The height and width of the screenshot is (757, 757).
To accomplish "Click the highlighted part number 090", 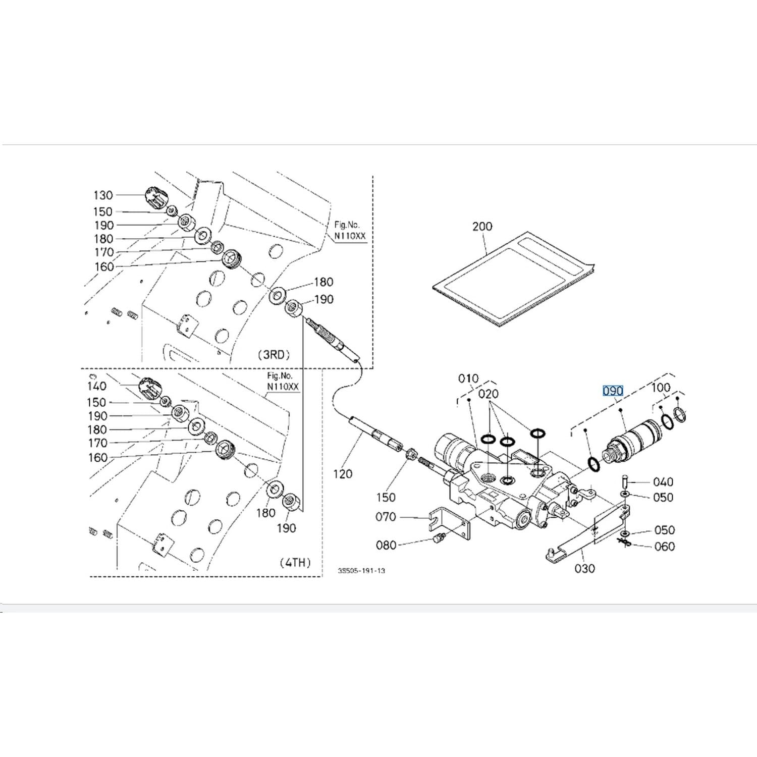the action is [x=613, y=391].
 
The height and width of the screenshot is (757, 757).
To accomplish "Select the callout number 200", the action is [x=482, y=226].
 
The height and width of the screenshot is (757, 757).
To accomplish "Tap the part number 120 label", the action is [x=343, y=474].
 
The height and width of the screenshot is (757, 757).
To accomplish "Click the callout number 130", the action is [x=103, y=195].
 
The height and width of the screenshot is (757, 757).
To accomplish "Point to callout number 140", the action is [x=96, y=386].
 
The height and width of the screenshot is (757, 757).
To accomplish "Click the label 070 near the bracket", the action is [x=386, y=517].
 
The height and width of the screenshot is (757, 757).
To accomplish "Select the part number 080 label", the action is [x=386, y=545].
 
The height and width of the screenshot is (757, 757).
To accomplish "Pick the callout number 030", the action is [x=584, y=569].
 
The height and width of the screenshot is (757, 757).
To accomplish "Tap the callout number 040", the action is [x=663, y=482].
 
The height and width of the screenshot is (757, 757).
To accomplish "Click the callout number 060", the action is [x=664, y=547].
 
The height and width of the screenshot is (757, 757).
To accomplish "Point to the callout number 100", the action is [x=661, y=388].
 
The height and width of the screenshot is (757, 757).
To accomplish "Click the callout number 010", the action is [x=468, y=378].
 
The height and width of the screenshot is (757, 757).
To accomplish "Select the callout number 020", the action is [x=488, y=394].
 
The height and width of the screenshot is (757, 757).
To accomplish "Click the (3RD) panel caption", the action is [x=274, y=354].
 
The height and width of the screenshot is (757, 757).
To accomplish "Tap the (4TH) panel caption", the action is [x=295, y=562].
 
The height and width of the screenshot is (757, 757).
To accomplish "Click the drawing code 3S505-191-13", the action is [x=361, y=571].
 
